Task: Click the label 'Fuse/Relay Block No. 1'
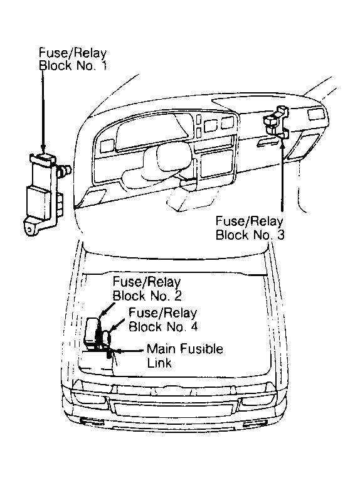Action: tap(73, 60)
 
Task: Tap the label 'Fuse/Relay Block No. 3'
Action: tap(250, 228)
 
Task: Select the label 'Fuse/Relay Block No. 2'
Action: tap(147, 289)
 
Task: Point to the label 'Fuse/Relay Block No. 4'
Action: tap(163, 320)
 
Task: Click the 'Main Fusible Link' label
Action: tap(185, 356)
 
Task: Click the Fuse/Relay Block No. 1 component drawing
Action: tap(44, 193)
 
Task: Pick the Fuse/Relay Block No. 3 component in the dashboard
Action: tap(276, 122)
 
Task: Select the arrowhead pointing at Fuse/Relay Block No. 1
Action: tap(43, 150)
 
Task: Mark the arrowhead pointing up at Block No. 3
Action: tap(282, 143)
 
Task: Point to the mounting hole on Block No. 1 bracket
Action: tap(29, 228)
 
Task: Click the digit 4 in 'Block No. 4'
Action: tap(194, 327)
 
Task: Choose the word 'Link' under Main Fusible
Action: tap(159, 363)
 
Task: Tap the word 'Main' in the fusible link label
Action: tap(161, 349)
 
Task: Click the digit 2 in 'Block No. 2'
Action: tap(178, 296)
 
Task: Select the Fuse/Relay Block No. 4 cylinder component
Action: tap(107, 338)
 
